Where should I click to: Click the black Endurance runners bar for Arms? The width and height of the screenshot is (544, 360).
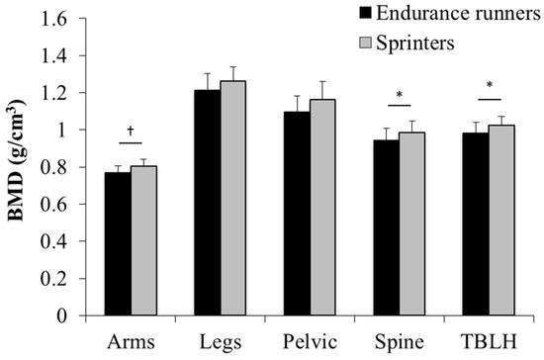(x=118, y=243)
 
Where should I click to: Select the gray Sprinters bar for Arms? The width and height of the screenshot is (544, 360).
(x=143, y=240)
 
